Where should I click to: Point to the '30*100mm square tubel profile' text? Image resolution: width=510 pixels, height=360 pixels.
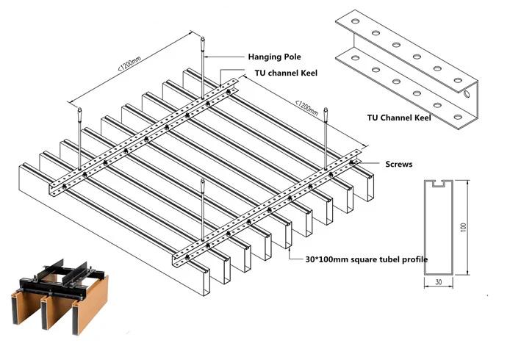tap(366, 259)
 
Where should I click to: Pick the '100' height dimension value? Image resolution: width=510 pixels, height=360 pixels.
tap(464, 227)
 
